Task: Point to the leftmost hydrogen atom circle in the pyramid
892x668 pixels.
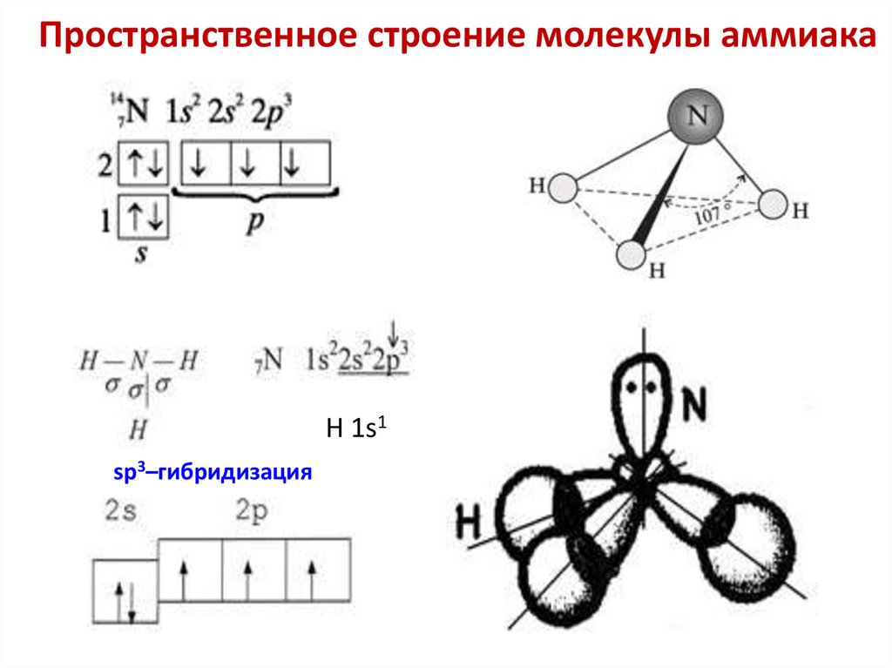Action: [x=563, y=187]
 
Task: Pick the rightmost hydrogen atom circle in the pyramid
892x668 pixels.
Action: [x=773, y=205]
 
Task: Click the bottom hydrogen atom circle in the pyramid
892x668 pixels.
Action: [x=632, y=255]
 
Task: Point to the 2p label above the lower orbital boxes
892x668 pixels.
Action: [x=253, y=509]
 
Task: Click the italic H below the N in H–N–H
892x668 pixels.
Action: [x=138, y=428]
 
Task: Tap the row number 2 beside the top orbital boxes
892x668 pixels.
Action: [x=105, y=164]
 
